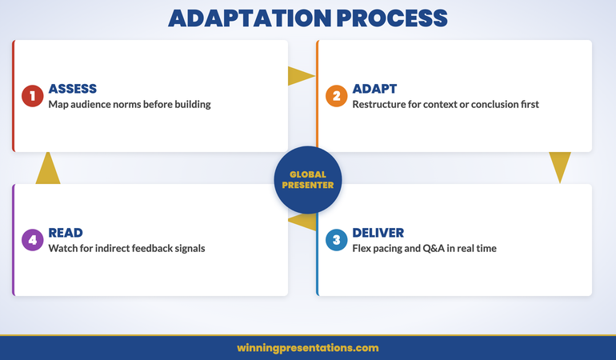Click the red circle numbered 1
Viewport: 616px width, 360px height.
point(33,96)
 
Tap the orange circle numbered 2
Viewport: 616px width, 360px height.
point(337,96)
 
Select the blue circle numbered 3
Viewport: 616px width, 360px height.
point(337,240)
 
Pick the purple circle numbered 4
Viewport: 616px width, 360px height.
point(33,240)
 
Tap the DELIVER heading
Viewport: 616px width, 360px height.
point(378,233)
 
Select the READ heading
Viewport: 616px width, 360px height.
point(66,233)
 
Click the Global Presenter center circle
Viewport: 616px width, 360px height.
point(308,179)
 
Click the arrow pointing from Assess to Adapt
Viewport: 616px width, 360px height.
point(300,76)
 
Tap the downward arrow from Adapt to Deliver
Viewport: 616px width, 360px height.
point(560,166)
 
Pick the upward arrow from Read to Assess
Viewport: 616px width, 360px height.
point(48,169)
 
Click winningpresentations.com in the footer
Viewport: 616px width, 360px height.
point(308,348)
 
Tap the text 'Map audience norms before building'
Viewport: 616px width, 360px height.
point(130,104)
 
